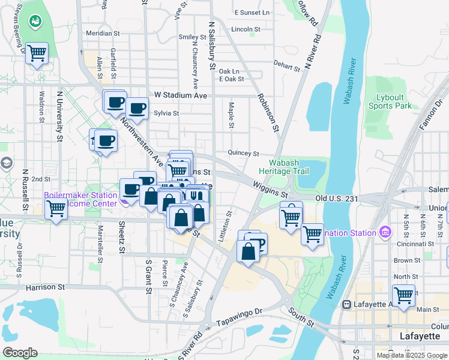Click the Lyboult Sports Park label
(393, 101)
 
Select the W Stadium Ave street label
(180, 95)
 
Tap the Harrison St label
(45, 288)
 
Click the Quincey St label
(243, 154)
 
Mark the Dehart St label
(286, 66)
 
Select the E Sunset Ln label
(252, 13)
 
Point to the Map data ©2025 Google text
(411, 355)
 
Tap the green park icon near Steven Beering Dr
(36, 22)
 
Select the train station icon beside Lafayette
(346, 305)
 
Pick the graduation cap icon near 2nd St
(6, 163)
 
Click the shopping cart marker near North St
(403, 295)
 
